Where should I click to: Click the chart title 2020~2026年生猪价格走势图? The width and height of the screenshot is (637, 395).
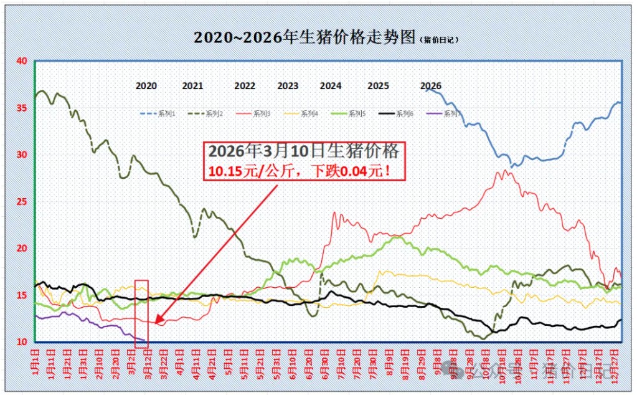coord(304,37)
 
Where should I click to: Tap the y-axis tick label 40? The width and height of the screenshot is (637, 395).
coord(22,61)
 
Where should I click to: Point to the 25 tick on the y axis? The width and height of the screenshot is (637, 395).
coord(22,202)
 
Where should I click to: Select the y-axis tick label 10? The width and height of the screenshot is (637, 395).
coord(22,342)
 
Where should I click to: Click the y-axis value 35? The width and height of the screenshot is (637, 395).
coord(22,108)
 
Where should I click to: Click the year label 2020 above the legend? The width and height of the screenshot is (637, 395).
coord(146,86)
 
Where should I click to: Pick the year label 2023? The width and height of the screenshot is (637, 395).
coord(288,86)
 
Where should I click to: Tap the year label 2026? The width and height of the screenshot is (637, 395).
coord(431,86)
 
